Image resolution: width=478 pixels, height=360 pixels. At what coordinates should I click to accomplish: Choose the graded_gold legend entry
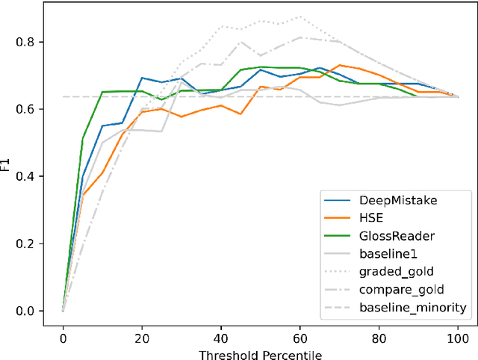click(x=397, y=271)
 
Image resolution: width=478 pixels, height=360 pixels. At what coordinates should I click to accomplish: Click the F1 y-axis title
click(x=9, y=160)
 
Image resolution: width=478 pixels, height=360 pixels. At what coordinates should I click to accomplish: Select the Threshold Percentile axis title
click(x=260, y=350)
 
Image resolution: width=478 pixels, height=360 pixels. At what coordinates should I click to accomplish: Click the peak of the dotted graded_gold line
click(x=300, y=16)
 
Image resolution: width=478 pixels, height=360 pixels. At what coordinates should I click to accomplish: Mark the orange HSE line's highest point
click(x=340, y=65)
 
